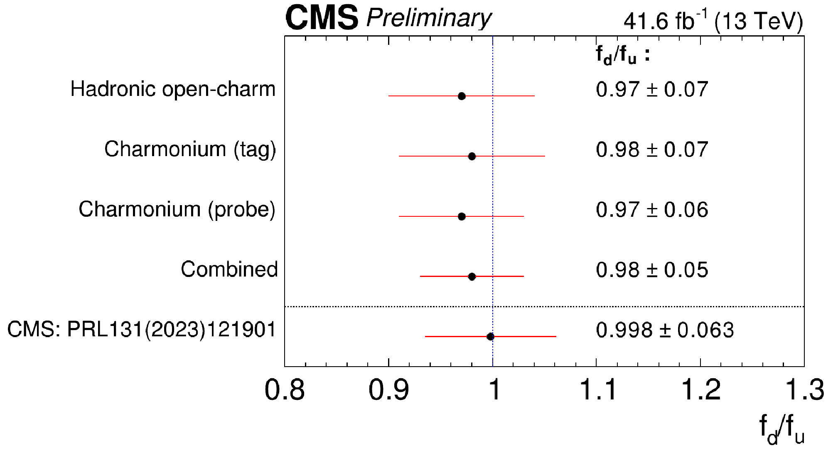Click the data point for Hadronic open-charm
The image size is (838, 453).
pos(461,96)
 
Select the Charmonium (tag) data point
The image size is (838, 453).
pos(472,156)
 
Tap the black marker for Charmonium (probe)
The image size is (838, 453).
pos(461,216)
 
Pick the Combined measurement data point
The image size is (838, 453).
pos(472,277)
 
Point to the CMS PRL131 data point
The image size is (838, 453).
pos(490,336)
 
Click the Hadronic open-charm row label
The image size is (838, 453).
pos(173,89)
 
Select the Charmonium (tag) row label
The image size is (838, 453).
pos(190,149)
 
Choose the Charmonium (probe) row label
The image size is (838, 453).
pos(177,210)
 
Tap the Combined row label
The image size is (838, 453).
pos(229,269)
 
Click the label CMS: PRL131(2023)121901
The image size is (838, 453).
pos(142,330)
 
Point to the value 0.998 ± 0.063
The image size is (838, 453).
pos(665,330)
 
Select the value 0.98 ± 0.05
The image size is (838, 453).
pos(652,270)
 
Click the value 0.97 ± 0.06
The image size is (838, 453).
pos(652,210)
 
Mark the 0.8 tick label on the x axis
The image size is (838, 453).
pos(285,390)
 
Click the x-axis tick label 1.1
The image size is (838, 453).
pos(597,390)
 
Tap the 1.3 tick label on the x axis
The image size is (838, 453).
pos(804,390)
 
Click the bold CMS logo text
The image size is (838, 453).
pos(322,18)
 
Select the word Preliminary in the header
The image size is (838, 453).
pos(429,19)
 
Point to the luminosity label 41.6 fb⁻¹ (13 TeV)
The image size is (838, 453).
pos(713,21)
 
